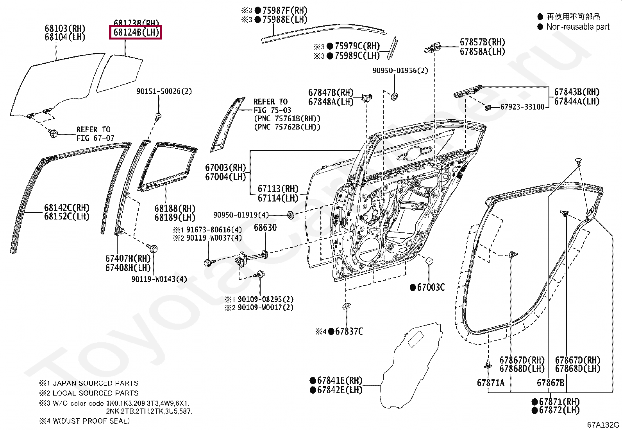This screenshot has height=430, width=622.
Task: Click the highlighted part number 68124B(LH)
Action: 136,32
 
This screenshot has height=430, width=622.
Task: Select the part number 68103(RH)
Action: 65,28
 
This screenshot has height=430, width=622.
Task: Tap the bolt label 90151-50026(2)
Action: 164,91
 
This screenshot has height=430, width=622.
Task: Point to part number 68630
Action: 265,228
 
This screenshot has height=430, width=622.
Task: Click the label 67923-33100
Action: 522,107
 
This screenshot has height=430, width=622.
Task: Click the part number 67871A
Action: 490,383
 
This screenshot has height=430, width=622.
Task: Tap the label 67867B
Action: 550,383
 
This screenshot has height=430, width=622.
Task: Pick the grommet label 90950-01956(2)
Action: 400,70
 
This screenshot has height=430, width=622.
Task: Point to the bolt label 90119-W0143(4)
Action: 159,279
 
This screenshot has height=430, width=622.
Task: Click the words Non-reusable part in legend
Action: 577,27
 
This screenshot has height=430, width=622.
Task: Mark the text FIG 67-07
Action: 95,138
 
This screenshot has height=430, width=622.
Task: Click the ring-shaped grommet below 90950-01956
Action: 394,96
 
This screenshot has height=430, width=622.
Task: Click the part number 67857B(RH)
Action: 482,42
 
